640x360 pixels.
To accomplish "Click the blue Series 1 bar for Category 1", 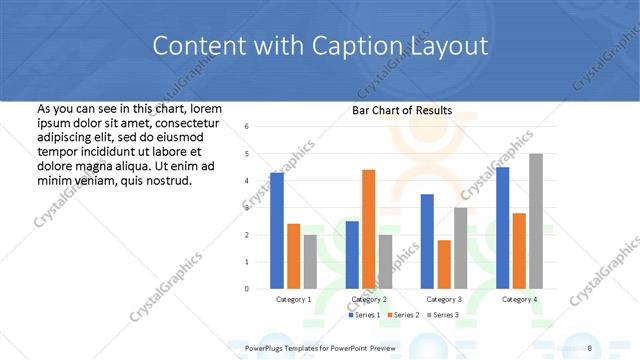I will coord(277,231).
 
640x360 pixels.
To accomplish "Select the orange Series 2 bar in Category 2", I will coord(368,229).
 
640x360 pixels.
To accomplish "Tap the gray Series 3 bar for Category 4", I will coord(535,221).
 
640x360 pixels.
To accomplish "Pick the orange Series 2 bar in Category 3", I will coord(443,264).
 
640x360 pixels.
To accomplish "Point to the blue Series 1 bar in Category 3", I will coord(427,241).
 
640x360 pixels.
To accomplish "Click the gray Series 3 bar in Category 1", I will coord(310,261).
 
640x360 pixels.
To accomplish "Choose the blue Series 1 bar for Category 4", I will coord(502,228).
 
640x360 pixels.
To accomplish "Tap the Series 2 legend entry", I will coord(402,315).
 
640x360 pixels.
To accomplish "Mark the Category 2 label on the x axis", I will coord(369,299).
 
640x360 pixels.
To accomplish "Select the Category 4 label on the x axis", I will coord(518,299).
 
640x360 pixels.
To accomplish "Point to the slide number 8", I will coord(590,346).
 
